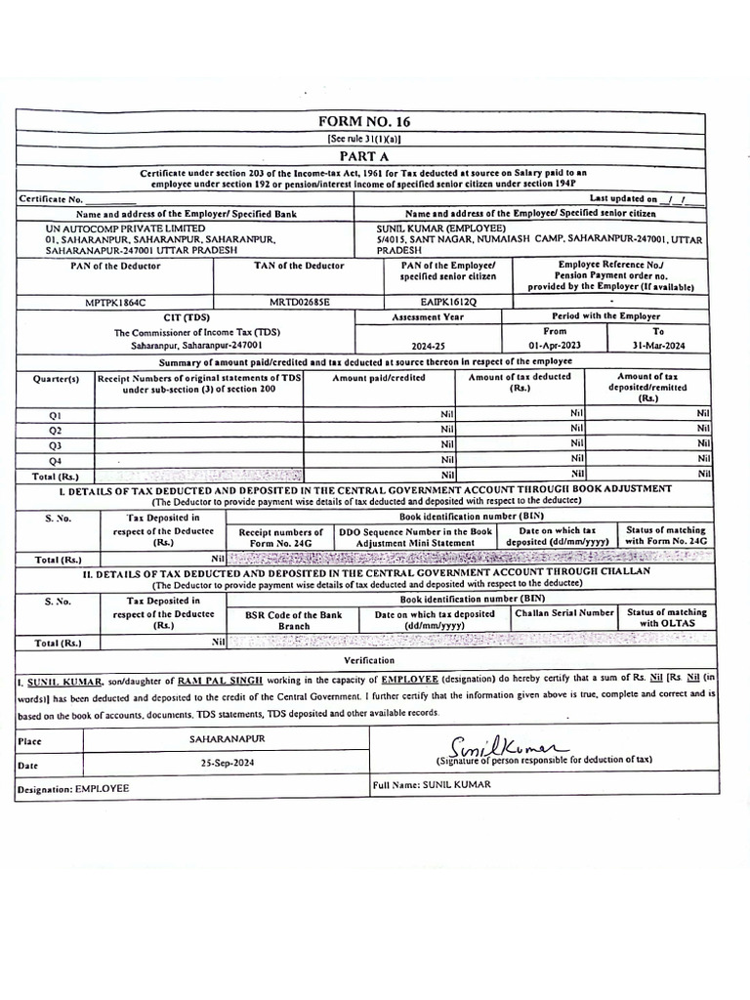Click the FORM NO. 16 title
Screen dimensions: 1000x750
click(x=365, y=122)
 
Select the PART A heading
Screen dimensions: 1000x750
click(x=364, y=156)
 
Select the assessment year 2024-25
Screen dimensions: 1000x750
click(x=428, y=347)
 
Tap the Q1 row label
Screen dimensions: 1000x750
click(x=56, y=415)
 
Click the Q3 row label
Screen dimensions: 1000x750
click(x=56, y=444)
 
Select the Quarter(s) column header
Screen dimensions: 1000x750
click(x=56, y=378)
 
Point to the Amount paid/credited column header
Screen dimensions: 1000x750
click(x=379, y=378)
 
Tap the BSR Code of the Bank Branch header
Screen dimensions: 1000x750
click(x=293, y=620)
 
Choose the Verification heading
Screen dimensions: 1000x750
click(x=368, y=661)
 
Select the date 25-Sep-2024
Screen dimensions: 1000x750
click(x=227, y=763)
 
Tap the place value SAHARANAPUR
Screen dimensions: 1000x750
click(x=227, y=739)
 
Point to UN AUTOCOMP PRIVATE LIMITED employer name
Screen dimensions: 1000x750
click(x=107, y=229)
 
